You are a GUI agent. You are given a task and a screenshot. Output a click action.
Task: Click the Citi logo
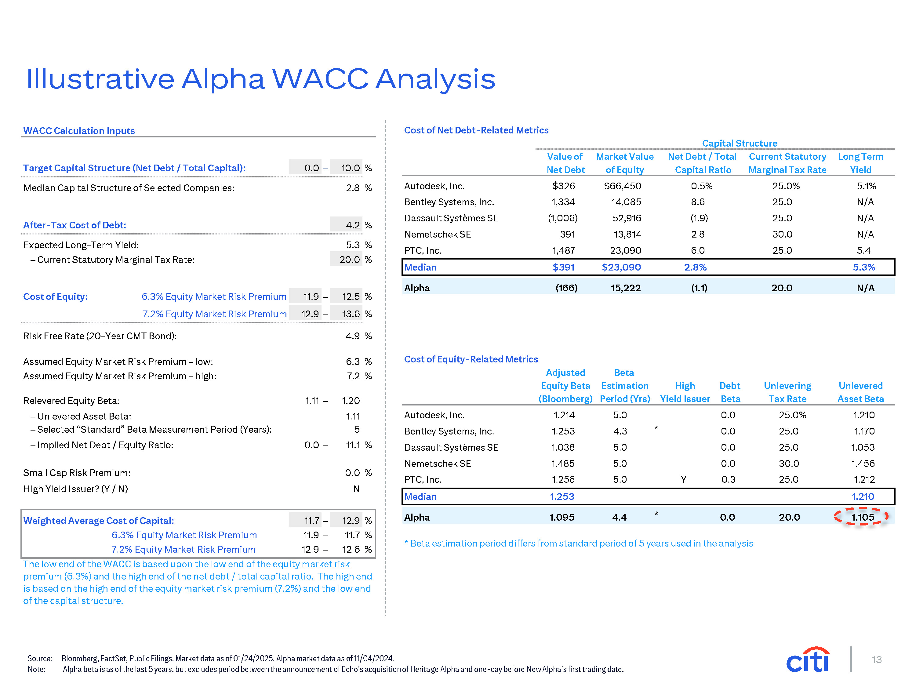[808, 660]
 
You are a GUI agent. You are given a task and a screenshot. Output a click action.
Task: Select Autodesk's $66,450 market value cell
[622, 186]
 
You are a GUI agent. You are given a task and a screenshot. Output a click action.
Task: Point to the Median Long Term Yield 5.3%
[864, 267]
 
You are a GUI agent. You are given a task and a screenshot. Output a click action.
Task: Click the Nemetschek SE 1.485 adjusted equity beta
[563, 463]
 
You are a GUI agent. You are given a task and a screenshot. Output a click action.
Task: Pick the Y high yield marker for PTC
[684, 480]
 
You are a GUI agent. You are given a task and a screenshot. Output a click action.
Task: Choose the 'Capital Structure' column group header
[740, 143]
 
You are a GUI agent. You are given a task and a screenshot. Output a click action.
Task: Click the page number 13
[877, 660]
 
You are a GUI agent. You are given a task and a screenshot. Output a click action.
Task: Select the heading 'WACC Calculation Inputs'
[79, 131]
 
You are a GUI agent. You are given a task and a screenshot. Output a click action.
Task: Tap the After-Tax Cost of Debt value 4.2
[353, 225]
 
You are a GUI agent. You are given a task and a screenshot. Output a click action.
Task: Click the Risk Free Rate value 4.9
[353, 336]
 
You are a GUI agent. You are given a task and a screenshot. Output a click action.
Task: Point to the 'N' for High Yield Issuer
[356, 489]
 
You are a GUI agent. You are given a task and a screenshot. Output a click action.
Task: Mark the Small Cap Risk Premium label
[77, 473]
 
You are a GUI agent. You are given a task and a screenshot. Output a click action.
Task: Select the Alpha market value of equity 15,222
[625, 288]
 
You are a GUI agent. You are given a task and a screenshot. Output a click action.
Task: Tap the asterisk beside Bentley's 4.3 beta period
[656, 428]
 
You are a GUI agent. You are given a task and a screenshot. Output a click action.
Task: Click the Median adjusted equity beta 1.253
[562, 496]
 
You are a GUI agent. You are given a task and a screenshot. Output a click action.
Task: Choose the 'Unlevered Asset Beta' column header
[860, 392]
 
